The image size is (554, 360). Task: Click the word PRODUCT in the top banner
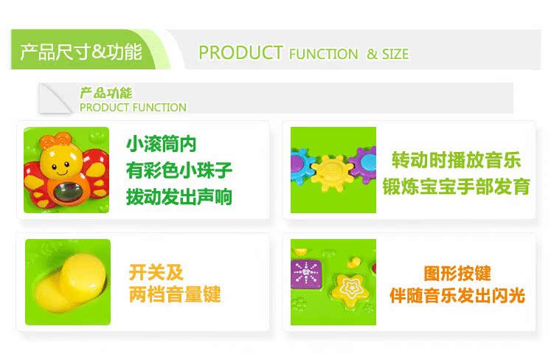coord(240,53)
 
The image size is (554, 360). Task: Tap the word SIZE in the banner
coord(395,55)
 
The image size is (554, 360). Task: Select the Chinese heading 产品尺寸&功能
coord(81,52)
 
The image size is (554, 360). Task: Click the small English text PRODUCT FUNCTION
coord(133,108)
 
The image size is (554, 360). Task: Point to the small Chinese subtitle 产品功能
coord(106,93)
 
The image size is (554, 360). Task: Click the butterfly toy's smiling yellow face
coord(60,162)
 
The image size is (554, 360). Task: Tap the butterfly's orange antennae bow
coord(56,140)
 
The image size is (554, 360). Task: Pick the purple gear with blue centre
coord(364,165)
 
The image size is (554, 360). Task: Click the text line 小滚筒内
coord(161,145)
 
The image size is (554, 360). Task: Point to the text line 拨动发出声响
coord(179,197)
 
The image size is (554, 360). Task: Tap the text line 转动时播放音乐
coord(456,160)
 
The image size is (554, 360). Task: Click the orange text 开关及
coord(156,272)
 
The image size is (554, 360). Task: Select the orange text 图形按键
coord(457,274)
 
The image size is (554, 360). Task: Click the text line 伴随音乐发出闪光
coord(457,295)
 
